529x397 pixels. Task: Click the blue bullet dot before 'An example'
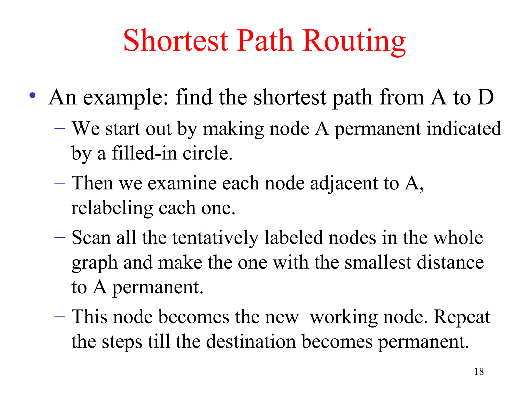click(x=32, y=96)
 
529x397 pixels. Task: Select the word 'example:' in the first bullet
click(x=126, y=98)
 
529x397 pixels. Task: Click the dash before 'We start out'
click(x=60, y=128)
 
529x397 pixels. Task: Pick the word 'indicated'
click(x=464, y=128)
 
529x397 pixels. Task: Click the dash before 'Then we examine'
click(x=60, y=183)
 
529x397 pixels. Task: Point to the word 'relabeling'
click(x=112, y=208)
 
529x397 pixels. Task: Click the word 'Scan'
click(x=91, y=238)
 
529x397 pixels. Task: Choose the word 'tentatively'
click(x=215, y=238)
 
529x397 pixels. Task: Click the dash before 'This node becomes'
click(x=60, y=317)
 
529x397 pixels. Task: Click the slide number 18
click(x=479, y=371)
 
